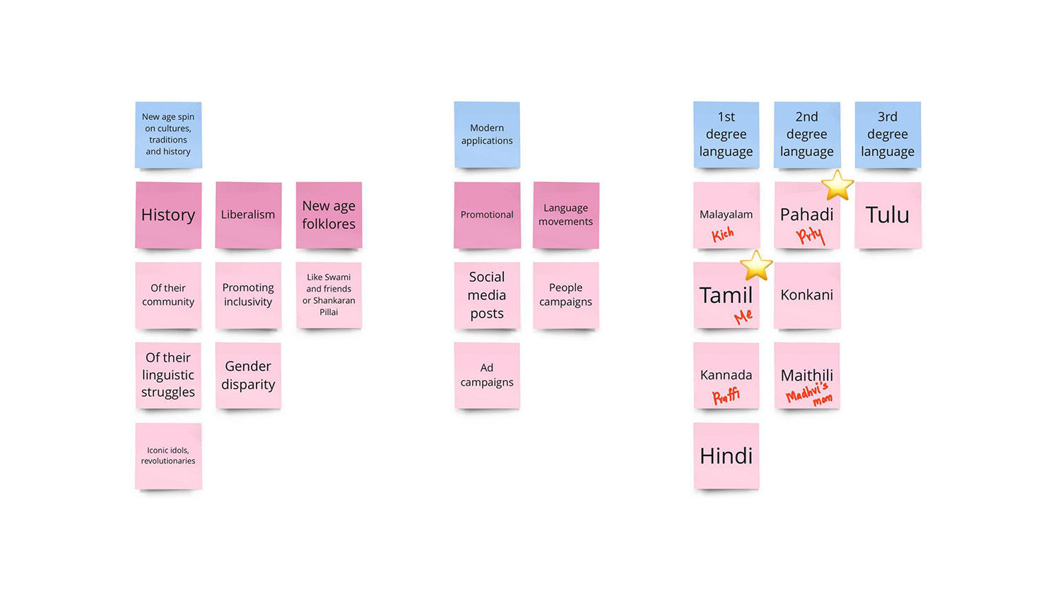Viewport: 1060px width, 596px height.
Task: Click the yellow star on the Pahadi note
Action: [837, 185]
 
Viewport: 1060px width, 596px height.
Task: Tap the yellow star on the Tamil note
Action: [756, 266]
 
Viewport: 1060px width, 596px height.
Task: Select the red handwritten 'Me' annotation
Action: [743, 317]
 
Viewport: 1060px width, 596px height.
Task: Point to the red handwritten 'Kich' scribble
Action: [722, 234]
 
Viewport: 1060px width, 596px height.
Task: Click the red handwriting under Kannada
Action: [726, 396]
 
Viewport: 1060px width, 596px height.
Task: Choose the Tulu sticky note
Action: [888, 215]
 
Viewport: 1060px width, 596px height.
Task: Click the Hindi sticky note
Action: [726, 455]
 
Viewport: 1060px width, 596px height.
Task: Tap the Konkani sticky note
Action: [806, 295]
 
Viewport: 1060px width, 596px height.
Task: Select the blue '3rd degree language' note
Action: [888, 134]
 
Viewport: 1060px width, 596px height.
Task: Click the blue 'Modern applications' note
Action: [487, 134]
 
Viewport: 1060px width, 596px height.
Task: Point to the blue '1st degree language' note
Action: [726, 134]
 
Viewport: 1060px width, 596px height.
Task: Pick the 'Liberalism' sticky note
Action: [248, 215]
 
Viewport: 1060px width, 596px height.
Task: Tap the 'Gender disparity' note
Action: [248, 375]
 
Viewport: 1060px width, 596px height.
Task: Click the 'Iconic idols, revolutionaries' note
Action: [168, 455]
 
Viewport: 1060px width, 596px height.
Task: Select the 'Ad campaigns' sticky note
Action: [487, 375]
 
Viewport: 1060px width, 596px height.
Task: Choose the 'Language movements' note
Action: [565, 215]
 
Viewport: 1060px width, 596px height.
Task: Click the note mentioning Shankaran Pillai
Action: [329, 294]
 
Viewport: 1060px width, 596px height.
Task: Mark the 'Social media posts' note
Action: [487, 295]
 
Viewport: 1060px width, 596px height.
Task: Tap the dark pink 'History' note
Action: [168, 215]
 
